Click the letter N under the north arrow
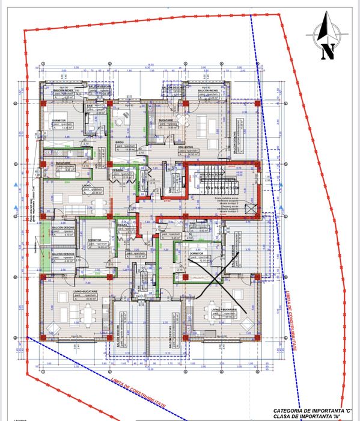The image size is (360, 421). coord(328,52)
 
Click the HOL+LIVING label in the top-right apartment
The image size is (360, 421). coord(187,146)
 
